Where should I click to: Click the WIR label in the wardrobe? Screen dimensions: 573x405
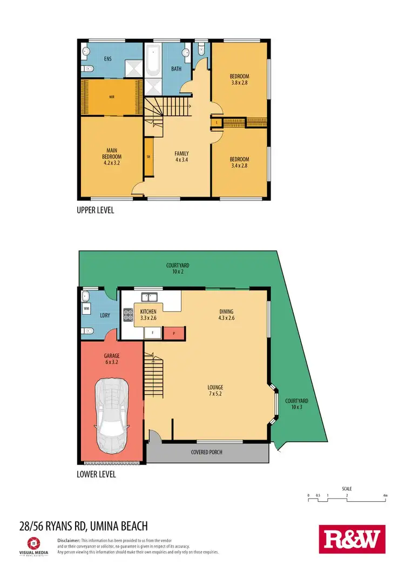point(112,98)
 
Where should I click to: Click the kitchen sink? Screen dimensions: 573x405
point(150,297)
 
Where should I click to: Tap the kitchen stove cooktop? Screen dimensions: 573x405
point(129,315)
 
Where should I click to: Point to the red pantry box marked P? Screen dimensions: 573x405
point(174,334)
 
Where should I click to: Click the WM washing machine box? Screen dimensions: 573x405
point(86,309)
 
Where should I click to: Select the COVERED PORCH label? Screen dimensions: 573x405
point(207,452)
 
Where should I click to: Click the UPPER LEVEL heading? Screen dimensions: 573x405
point(96,211)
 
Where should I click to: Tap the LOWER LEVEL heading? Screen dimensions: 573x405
point(96,475)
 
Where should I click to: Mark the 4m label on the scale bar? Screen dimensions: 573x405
point(384,495)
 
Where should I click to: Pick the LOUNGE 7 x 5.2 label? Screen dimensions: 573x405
point(215,390)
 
